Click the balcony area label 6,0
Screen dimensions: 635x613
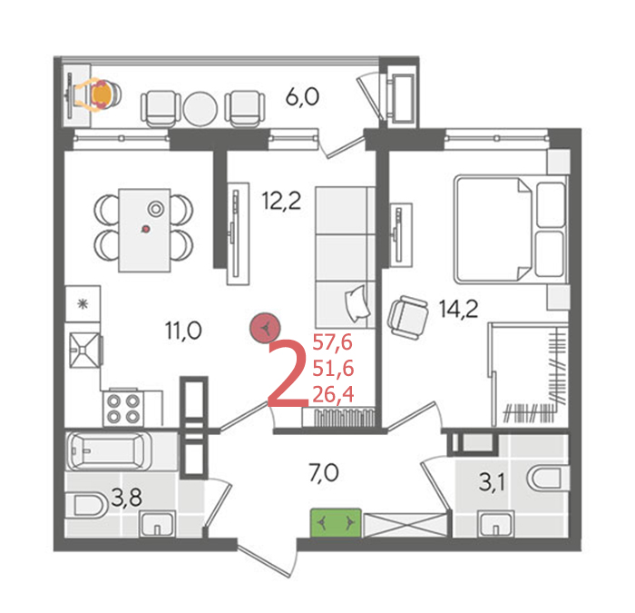pyautogui.click(x=302, y=97)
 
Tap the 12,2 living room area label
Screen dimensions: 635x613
pyautogui.click(x=282, y=201)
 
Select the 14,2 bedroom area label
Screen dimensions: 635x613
pyautogui.click(x=458, y=309)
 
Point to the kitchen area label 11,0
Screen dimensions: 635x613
pyautogui.click(x=183, y=331)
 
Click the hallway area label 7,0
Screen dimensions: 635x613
pyautogui.click(x=324, y=473)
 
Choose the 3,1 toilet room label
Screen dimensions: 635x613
pyautogui.click(x=492, y=483)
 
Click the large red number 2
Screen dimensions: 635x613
pyautogui.click(x=288, y=373)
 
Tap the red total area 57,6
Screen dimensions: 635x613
pyautogui.click(x=333, y=343)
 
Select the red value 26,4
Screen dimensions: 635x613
pyautogui.click(x=333, y=394)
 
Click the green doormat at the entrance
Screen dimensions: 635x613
pyautogui.click(x=336, y=523)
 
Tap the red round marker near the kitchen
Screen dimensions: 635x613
pyautogui.click(x=265, y=328)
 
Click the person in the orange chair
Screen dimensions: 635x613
pyautogui.click(x=99, y=94)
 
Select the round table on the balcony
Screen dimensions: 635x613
pyautogui.click(x=200, y=109)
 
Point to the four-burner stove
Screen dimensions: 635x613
pyautogui.click(x=123, y=409)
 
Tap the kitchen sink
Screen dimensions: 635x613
pyautogui.click(x=85, y=351)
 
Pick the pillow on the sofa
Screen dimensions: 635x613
pyautogui.click(x=357, y=303)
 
